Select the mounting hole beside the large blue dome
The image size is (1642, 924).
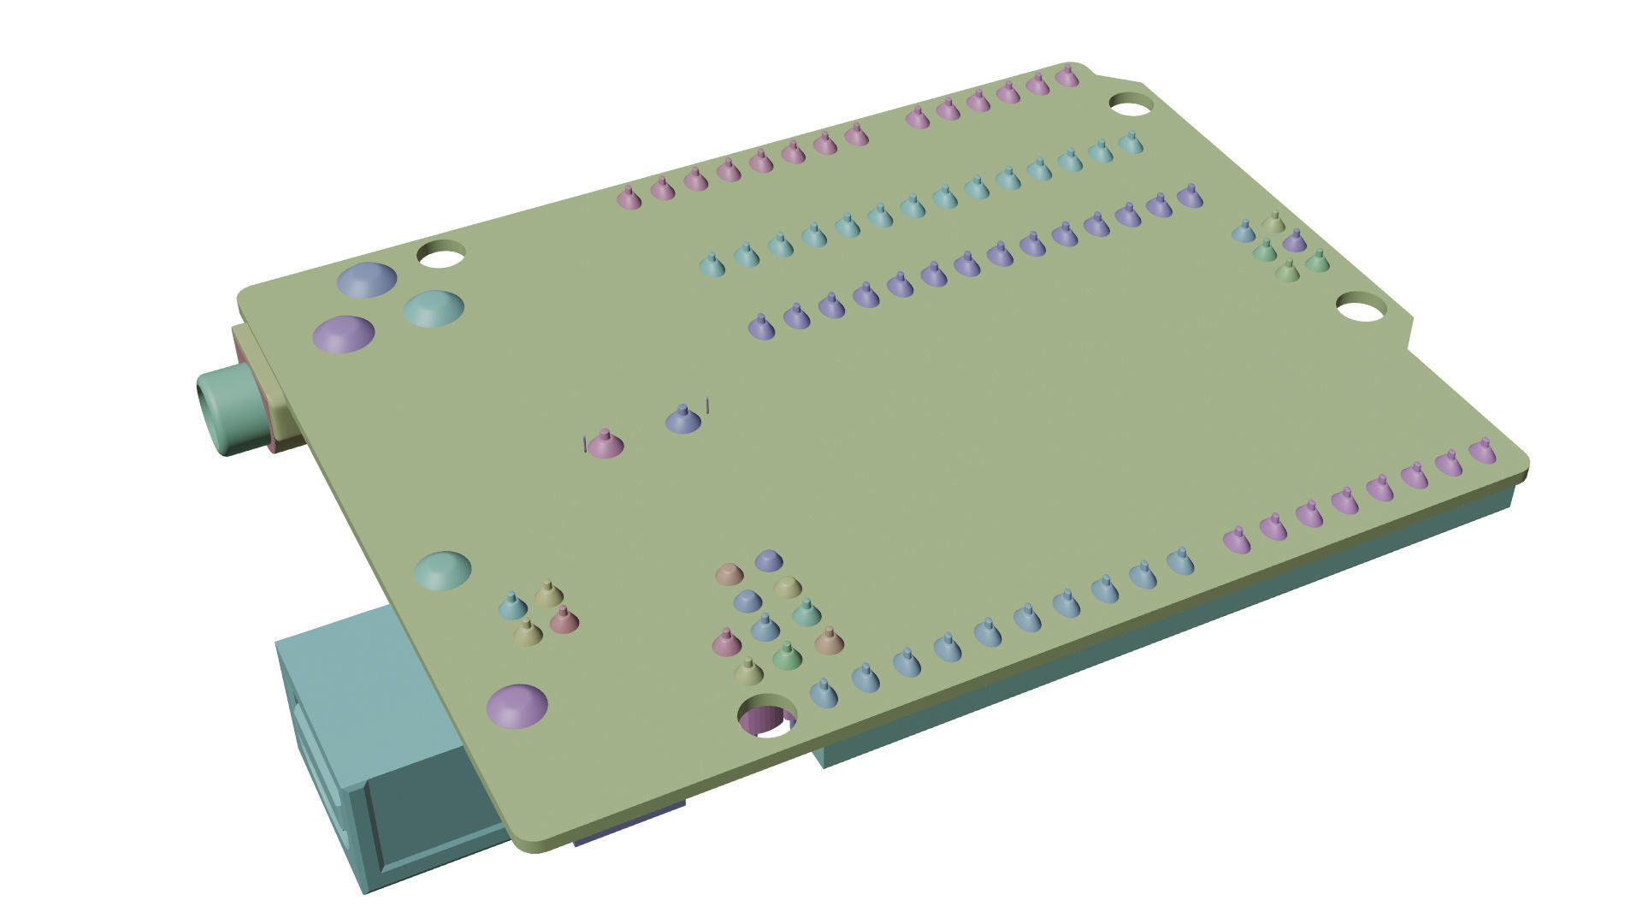coord(440,254)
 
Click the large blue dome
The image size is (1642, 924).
coord(367,280)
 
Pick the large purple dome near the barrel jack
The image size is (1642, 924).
coord(343,334)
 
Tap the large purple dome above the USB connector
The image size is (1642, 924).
coord(517,706)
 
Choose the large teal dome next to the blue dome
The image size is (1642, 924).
coord(434,308)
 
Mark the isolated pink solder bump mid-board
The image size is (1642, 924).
coord(605,444)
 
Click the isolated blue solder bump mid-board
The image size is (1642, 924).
coord(683,419)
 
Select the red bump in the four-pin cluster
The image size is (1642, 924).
coord(564,620)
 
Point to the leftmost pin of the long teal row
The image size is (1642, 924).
coord(712,264)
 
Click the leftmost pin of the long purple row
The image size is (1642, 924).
coord(761,326)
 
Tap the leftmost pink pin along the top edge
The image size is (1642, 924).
coord(629,198)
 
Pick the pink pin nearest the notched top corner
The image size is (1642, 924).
coord(1066,77)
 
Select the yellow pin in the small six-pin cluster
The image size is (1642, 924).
coord(1273,224)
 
